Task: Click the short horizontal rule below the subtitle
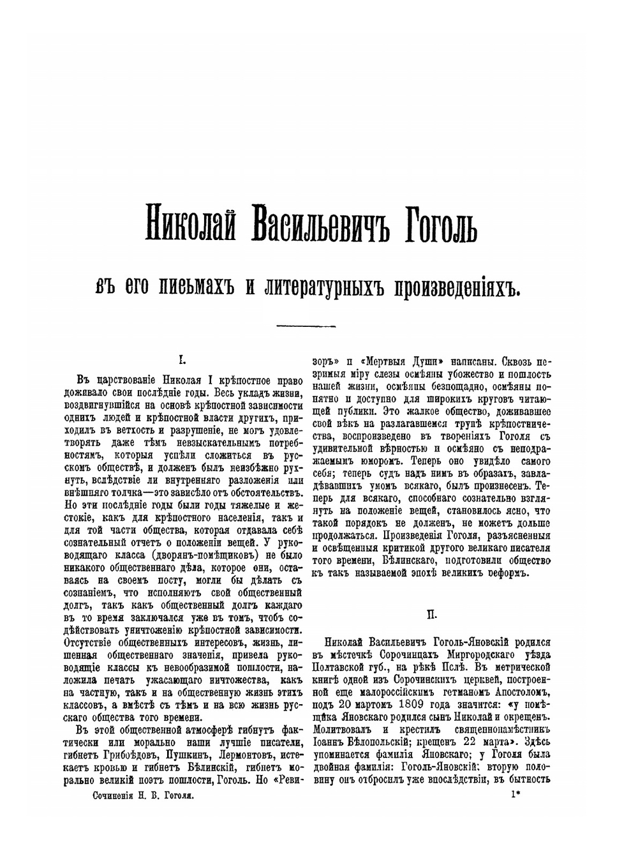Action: tap(302, 327)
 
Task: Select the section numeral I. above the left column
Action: tap(182, 361)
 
